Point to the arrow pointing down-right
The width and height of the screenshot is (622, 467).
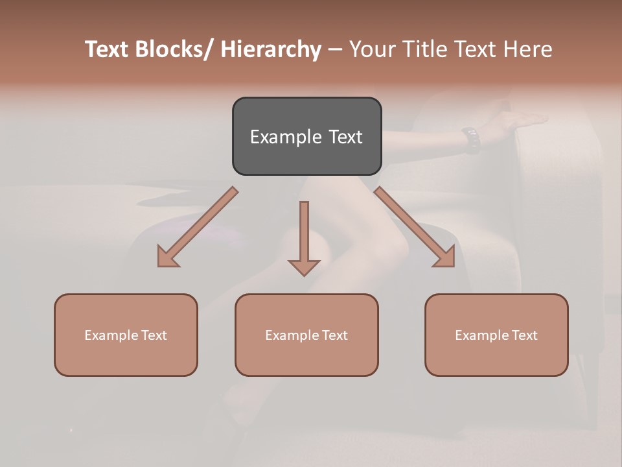click(415, 228)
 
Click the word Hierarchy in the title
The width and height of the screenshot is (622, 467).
click(270, 49)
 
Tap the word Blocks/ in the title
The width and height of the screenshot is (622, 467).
click(172, 49)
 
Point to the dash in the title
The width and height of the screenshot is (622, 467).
click(334, 50)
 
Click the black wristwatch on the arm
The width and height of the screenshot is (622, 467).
click(472, 139)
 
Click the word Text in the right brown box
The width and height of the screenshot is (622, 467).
click(524, 335)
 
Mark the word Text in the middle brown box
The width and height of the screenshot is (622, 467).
click(334, 335)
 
